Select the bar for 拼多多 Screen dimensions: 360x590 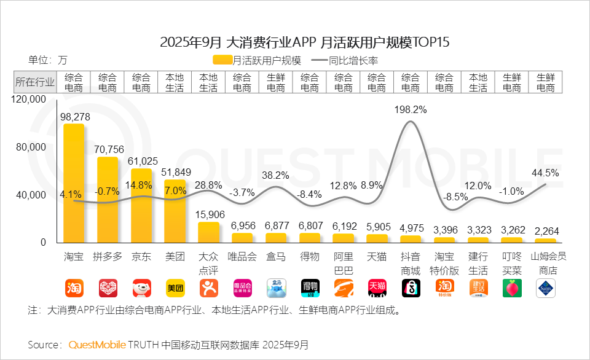[108, 200]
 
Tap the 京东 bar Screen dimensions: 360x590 [141, 205]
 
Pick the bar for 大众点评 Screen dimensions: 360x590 [208, 232]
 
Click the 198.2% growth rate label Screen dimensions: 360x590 [411, 109]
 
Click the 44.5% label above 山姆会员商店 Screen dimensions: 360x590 [545, 173]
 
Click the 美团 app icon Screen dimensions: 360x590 [175, 288]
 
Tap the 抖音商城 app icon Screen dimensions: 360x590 [411, 288]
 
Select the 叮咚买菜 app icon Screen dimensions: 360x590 [512, 288]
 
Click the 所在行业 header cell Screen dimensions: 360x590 [35, 82]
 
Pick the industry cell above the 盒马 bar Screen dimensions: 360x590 [276, 82]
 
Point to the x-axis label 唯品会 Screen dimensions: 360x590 [242, 256]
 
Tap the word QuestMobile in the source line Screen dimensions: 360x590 [97, 345]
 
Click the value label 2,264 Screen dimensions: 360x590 [545, 231]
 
